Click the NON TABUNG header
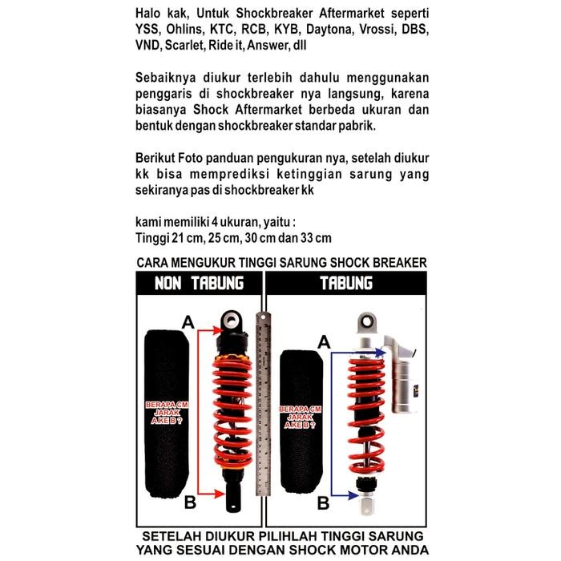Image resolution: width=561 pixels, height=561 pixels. pos(200,284)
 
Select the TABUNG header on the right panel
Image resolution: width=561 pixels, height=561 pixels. pos(345,284)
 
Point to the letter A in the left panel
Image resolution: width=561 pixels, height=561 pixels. pos(189,322)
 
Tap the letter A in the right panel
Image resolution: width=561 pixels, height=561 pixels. pos(325,341)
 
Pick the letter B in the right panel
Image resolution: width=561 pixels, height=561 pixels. pos(324,502)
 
